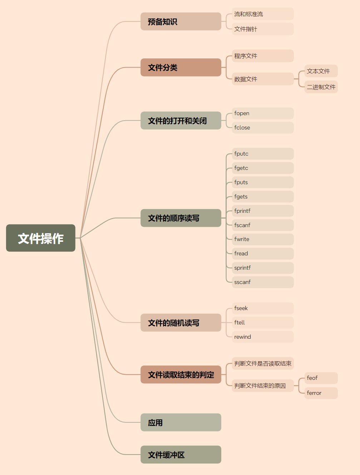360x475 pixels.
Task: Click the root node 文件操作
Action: [x=41, y=238]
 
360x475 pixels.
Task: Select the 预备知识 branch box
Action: [x=181, y=21]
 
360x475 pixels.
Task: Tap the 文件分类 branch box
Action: [x=181, y=67]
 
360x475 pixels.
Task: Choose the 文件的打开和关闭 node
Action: [x=181, y=121]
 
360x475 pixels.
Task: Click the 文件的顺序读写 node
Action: [x=181, y=218]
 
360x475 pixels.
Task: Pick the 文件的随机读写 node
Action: [x=181, y=323]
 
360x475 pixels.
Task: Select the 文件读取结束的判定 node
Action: [x=181, y=374]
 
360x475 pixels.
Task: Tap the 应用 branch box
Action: [x=181, y=422]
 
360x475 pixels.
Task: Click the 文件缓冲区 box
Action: [x=181, y=455]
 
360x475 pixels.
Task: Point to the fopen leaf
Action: [x=263, y=113]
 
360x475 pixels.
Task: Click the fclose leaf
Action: [x=263, y=128]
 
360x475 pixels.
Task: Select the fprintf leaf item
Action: [x=263, y=211]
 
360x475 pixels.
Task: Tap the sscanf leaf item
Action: [x=263, y=282]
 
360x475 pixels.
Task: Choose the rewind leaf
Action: [x=263, y=337]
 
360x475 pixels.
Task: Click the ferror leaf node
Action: [x=321, y=393]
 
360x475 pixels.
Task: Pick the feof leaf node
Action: [x=321, y=378]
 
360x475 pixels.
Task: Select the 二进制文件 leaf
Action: [x=321, y=87]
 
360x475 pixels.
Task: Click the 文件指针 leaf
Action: [x=263, y=29]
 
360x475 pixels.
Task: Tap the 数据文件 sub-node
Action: [x=263, y=79]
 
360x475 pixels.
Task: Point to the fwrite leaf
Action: [x=263, y=239]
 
